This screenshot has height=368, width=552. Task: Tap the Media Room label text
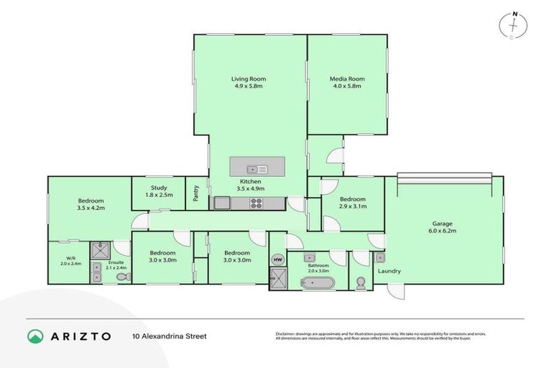point(347,78)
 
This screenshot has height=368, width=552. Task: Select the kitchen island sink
point(262,169)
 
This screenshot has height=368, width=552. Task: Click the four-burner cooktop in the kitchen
point(257,204)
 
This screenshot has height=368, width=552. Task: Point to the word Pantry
point(196,193)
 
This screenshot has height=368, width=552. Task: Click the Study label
point(159,188)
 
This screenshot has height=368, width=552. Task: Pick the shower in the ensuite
point(98,251)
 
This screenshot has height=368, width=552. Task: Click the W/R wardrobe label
point(70,258)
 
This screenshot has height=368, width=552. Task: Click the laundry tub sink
point(379,257)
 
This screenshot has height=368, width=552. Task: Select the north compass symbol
point(512,24)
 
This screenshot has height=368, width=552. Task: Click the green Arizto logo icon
point(35,336)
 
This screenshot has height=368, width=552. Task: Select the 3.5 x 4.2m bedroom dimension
point(91,208)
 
